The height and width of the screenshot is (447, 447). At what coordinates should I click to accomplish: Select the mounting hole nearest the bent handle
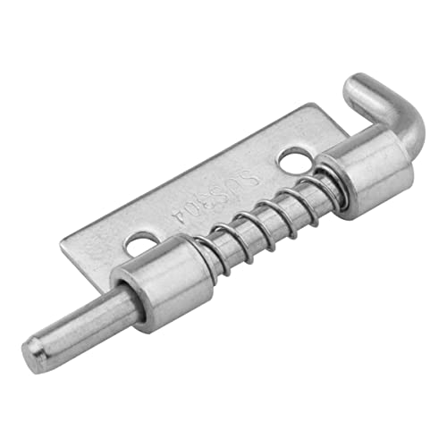pos(289,162)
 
